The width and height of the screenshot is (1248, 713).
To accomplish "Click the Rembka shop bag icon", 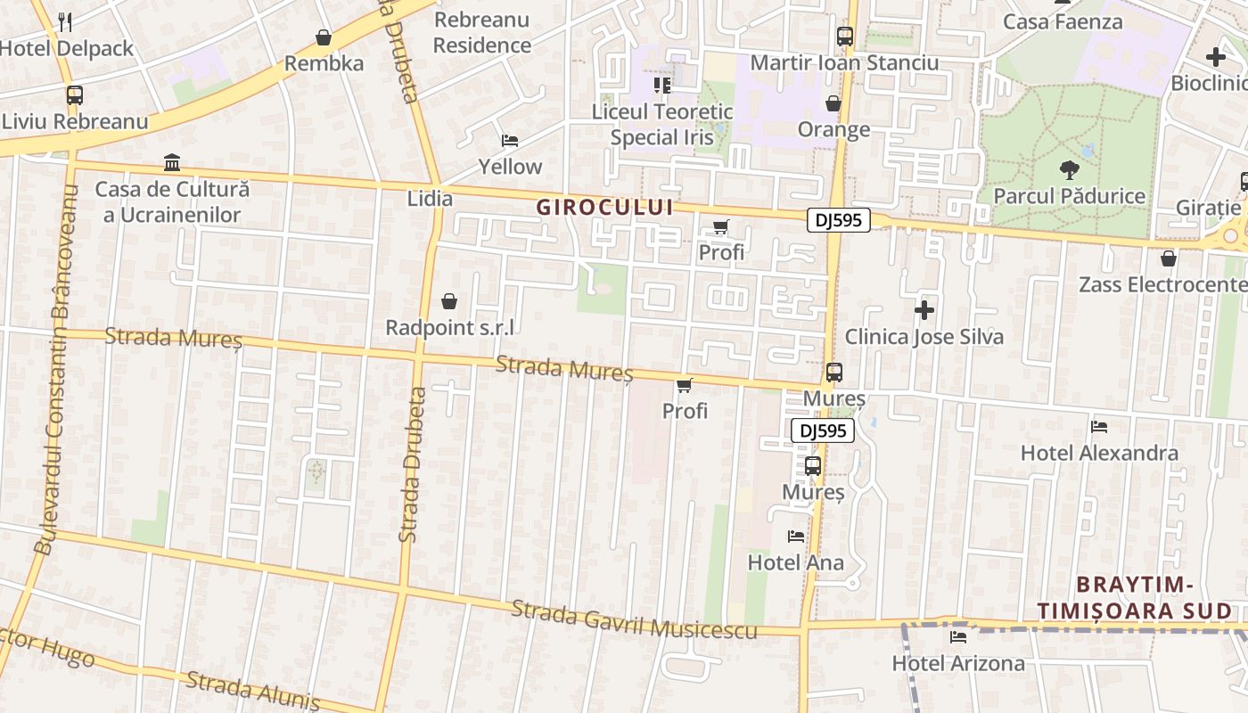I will tap(324, 37).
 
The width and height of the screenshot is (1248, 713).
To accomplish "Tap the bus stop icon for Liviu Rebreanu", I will tap(75, 95).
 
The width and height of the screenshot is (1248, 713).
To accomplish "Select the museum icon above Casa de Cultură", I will tap(172, 163).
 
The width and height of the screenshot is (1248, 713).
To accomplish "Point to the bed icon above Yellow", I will tap(510, 141).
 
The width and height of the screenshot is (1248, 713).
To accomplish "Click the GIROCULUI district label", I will tap(603, 208).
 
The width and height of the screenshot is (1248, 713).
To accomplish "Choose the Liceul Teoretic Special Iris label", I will tap(662, 125).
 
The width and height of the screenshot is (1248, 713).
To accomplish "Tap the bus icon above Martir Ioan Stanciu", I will tap(844, 37).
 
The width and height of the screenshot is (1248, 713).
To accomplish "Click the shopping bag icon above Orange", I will tap(833, 104).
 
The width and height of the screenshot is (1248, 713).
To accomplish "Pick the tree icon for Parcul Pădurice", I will tap(1068, 169).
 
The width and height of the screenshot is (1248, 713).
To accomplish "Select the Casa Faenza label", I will tap(1063, 21).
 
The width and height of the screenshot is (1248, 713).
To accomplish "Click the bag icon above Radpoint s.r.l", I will tap(449, 301).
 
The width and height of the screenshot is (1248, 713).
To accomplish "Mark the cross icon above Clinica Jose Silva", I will tap(924, 310).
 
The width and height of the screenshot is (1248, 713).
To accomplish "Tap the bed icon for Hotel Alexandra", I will tap(1099, 427).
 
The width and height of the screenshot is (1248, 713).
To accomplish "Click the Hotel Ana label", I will tap(795, 562).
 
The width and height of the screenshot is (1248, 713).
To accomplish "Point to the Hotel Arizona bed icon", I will tap(958, 637).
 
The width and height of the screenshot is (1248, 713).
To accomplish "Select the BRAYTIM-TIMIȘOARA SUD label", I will tap(1134, 598).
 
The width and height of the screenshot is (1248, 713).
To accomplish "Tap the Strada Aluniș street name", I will tap(252, 691).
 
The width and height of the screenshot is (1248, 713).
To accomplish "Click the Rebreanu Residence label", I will tap(481, 32).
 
